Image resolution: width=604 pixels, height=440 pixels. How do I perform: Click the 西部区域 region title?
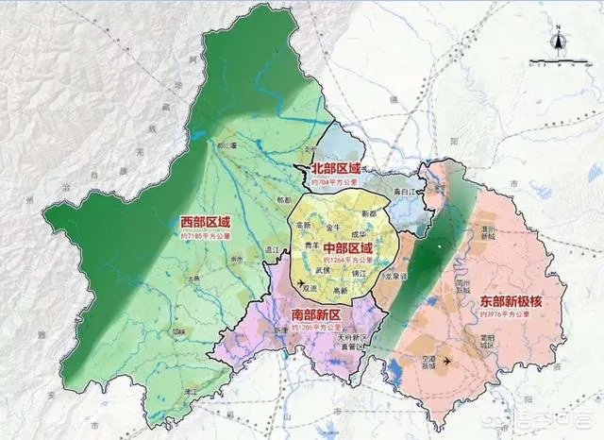(205, 222)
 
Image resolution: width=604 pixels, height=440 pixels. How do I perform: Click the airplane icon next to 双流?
(300, 282)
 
